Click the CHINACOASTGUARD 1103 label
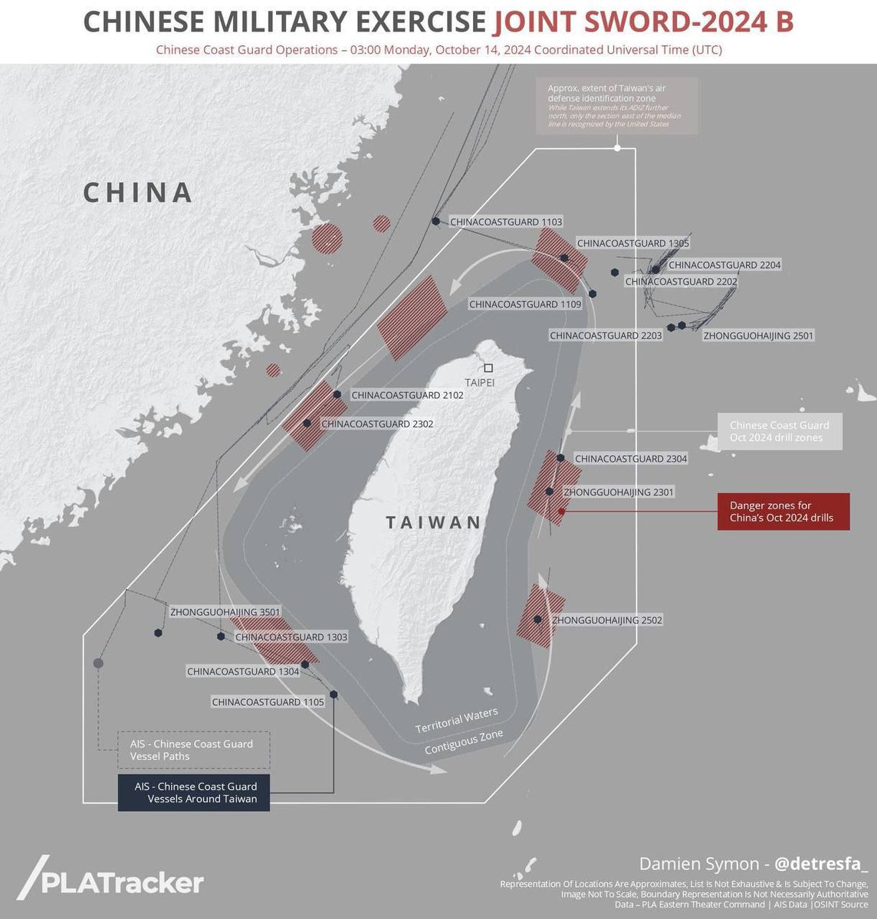click(506, 222)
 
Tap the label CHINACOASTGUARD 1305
click(632, 244)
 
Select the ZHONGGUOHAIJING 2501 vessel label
click(758, 335)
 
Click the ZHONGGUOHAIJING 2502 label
click(607, 620)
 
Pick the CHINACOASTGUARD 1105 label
click(268, 702)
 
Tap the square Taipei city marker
click(488, 368)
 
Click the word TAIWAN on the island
click(434, 523)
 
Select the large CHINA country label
click(138, 192)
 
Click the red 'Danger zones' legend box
click(783, 512)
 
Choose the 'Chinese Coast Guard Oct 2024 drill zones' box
click(779, 431)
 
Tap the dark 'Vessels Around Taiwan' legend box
click(194, 793)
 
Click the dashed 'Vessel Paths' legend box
click(194, 750)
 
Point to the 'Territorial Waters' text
click(457, 720)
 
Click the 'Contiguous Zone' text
click(464, 742)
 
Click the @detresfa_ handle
click(821, 864)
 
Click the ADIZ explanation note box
click(617, 106)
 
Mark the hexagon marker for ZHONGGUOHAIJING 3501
click(159, 633)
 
